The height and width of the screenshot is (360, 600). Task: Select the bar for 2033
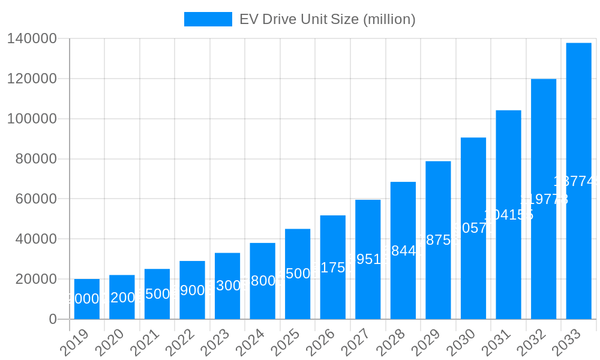(578, 181)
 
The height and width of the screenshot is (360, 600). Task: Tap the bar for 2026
(333, 267)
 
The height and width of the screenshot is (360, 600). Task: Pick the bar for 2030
(473, 228)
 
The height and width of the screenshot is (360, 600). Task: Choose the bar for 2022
(192, 290)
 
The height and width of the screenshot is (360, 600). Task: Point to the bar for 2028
(403, 250)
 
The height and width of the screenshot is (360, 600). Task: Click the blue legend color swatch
(208, 19)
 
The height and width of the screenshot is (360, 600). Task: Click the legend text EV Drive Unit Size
(327, 19)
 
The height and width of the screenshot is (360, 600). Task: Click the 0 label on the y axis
(53, 319)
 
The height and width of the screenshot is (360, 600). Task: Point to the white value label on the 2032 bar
(544, 199)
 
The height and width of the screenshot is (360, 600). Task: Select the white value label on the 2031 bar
(508, 215)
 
